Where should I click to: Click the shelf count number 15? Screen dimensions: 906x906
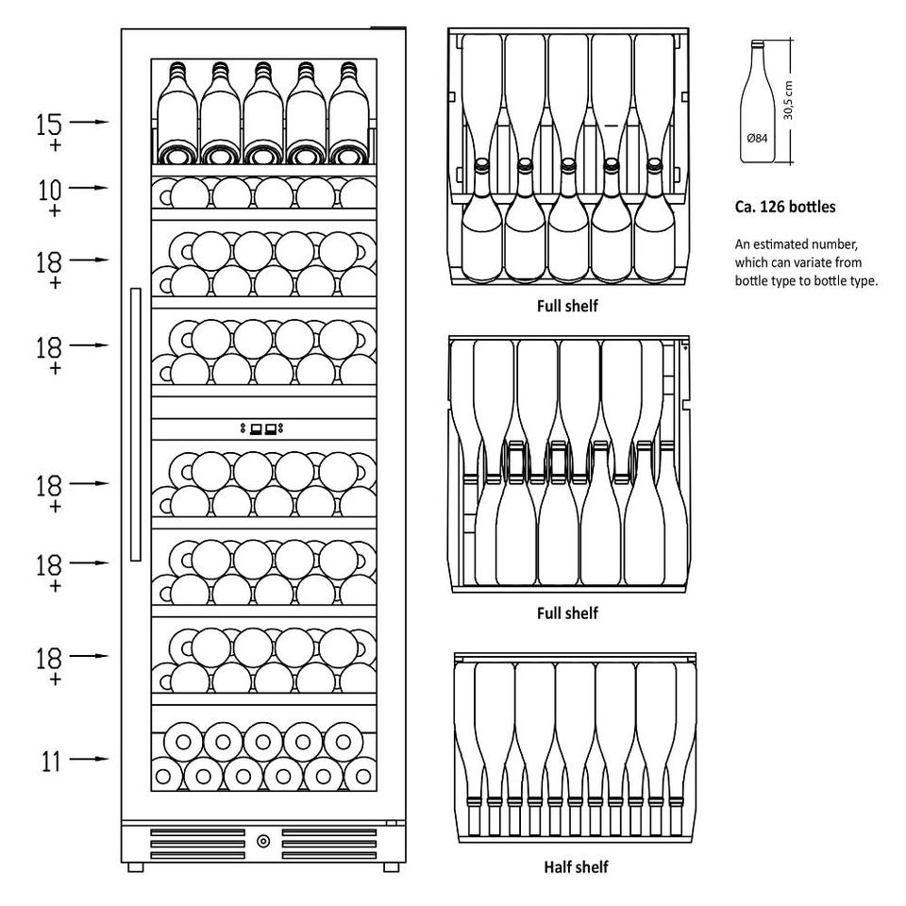(x=48, y=124)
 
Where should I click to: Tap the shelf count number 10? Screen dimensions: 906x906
(x=50, y=190)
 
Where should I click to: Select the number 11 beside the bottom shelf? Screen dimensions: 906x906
(x=51, y=761)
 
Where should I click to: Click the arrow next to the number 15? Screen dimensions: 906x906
(x=89, y=122)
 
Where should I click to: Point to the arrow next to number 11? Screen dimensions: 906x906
(x=89, y=759)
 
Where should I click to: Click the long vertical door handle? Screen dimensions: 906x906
(x=136, y=424)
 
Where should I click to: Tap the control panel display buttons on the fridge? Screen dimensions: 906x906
(x=262, y=428)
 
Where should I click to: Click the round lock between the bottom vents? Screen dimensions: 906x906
(x=263, y=841)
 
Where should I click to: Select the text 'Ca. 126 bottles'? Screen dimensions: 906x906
(x=784, y=207)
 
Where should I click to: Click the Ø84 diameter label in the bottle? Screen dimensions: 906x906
(x=757, y=138)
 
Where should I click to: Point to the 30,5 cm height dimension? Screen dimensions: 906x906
(x=789, y=101)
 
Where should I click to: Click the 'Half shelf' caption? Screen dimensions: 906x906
(x=576, y=866)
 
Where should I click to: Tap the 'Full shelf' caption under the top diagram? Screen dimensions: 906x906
(x=567, y=306)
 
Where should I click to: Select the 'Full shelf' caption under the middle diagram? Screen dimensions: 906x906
(x=567, y=612)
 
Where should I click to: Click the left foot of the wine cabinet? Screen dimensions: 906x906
(x=135, y=866)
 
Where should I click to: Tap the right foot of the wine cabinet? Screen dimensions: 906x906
(x=391, y=866)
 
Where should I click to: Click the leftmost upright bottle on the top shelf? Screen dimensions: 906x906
(x=177, y=112)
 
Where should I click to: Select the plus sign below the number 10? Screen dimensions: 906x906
(x=55, y=210)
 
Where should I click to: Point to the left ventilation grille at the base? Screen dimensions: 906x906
(x=197, y=844)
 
